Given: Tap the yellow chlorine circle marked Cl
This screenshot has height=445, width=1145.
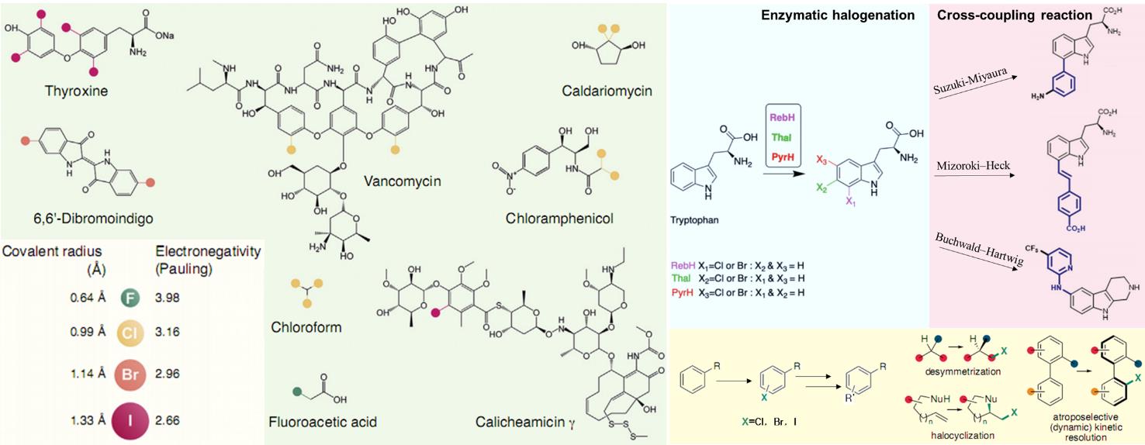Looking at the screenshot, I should tap(130, 333).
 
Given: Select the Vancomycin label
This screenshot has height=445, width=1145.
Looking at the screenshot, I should tap(402, 181).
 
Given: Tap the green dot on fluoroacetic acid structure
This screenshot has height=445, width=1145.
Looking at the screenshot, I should tap(296, 391).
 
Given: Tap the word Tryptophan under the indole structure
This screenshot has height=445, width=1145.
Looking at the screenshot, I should tap(696, 219).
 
